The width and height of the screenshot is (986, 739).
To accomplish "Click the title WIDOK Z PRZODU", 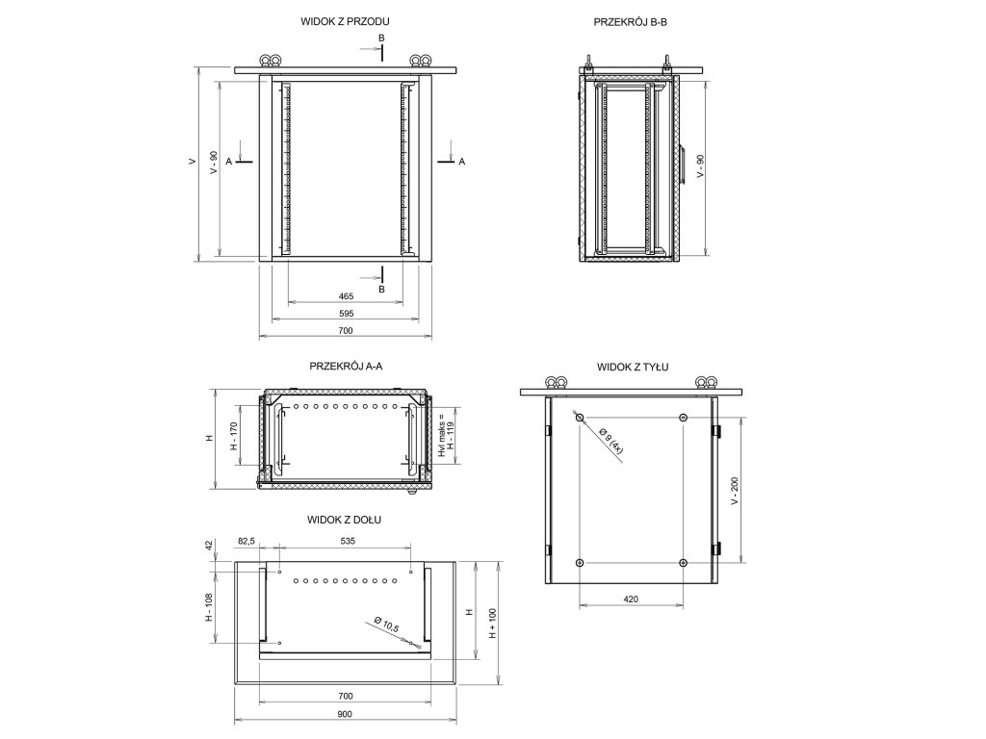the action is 345,20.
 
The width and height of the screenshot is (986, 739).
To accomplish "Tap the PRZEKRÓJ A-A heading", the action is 345,367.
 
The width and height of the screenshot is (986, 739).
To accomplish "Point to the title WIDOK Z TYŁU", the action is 633,367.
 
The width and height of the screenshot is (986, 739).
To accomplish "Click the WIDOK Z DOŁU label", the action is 345,520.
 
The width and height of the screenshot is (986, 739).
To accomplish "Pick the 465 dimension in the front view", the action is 346,295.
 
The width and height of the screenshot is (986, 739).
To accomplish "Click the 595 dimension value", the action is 346,314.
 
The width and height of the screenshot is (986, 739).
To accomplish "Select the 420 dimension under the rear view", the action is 631,599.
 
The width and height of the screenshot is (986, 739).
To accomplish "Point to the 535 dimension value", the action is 348,542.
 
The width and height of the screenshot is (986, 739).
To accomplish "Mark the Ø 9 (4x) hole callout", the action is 610,442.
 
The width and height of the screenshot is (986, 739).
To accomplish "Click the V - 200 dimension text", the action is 735,490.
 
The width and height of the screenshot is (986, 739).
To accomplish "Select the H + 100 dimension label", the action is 492,624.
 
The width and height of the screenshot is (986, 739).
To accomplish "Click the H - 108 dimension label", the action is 209,607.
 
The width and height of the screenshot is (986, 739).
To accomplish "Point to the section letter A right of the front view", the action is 462,163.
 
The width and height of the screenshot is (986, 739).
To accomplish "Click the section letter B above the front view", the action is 381,38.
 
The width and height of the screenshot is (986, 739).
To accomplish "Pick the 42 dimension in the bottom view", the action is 209,546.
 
